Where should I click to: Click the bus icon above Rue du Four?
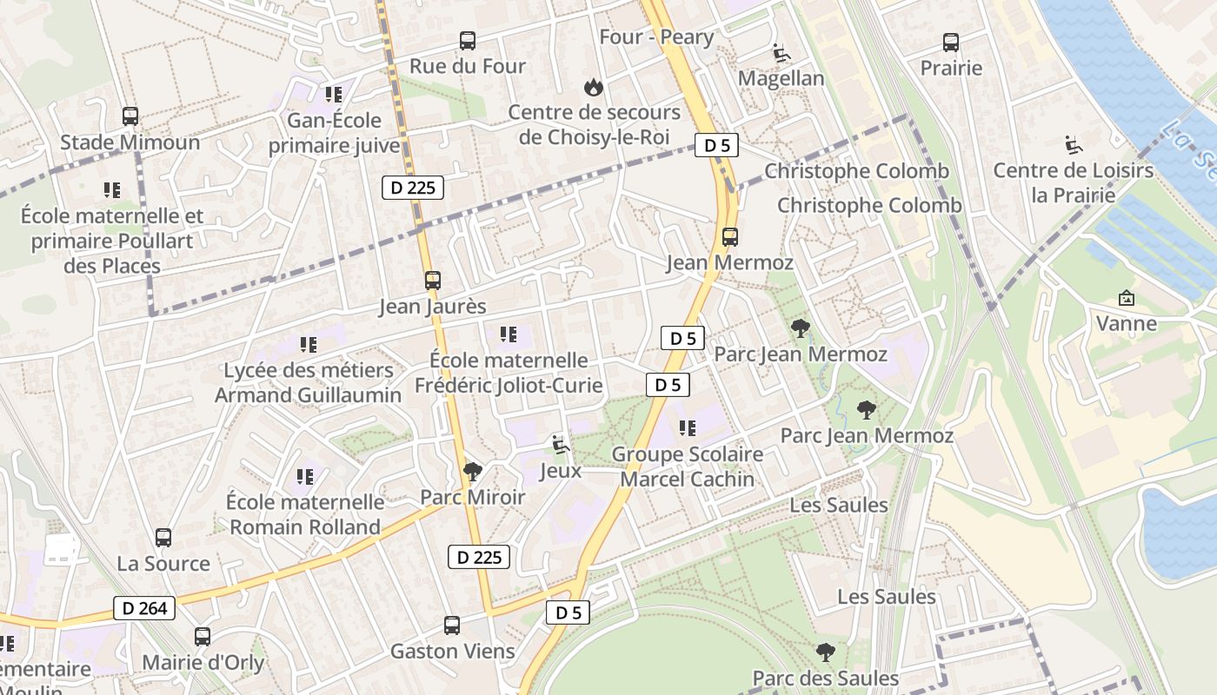[x=468, y=40]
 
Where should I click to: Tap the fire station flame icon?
[x=594, y=86]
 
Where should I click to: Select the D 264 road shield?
[x=144, y=608]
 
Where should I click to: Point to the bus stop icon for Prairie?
[x=951, y=42]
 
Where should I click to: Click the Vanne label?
[x=1126, y=324]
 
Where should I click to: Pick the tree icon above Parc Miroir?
[x=473, y=472]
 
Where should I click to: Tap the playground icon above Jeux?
[x=561, y=446]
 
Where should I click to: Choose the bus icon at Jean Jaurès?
[x=433, y=281]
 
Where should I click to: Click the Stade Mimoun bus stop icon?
[x=130, y=116]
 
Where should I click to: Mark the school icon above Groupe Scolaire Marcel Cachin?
[x=688, y=428]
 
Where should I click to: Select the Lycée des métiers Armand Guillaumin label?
[x=309, y=383]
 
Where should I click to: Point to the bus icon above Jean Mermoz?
[x=730, y=236]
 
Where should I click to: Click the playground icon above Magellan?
[x=781, y=52]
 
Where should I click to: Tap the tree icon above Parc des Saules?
[x=826, y=652]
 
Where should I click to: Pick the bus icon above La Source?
[x=163, y=538]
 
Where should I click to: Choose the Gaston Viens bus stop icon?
[x=452, y=625]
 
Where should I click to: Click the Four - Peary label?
[x=656, y=37]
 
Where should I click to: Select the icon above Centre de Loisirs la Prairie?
[x=1074, y=144]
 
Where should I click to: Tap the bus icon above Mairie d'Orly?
[x=203, y=637]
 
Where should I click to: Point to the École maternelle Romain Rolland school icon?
[x=305, y=476]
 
